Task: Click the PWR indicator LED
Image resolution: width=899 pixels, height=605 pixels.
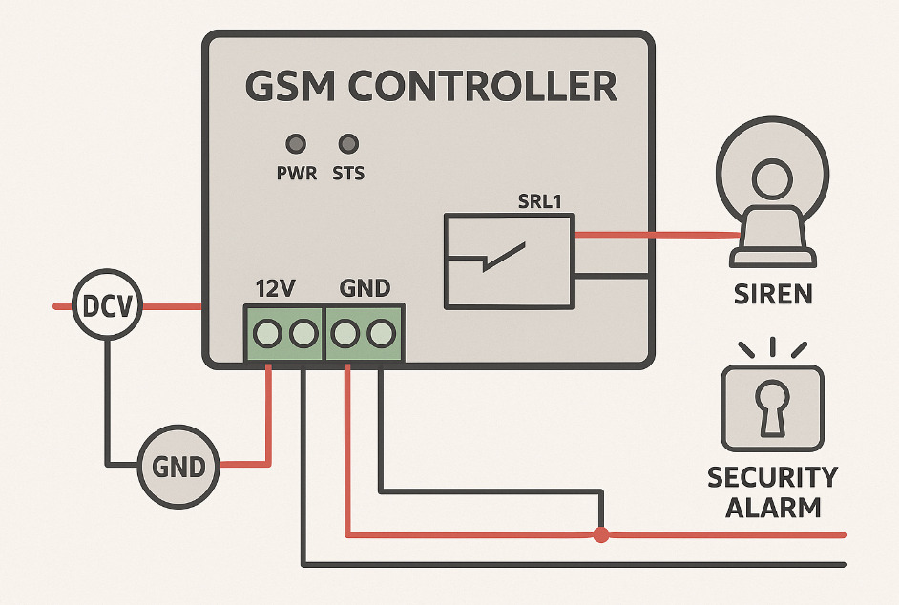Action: [x=296, y=144]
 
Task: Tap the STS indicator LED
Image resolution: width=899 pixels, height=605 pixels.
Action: [x=348, y=144]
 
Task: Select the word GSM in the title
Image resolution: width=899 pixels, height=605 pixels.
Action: [x=290, y=87]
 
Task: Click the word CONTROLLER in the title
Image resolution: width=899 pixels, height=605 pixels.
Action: [x=481, y=87]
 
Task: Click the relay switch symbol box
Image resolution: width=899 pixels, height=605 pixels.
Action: [x=509, y=260]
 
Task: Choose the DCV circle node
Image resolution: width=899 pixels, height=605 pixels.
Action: [x=107, y=306]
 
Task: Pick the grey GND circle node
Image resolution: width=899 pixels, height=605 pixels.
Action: [x=178, y=466]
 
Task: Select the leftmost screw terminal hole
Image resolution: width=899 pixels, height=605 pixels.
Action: [x=268, y=333]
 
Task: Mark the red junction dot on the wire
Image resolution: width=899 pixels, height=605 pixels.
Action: [x=600, y=534]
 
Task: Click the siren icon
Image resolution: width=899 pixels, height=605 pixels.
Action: [x=771, y=201]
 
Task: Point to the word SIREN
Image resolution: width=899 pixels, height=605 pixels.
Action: [x=773, y=294]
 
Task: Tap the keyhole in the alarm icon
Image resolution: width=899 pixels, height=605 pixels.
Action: [x=772, y=406]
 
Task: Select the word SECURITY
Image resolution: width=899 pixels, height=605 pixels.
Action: [x=773, y=477]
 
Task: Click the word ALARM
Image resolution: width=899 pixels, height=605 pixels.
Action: [x=773, y=507]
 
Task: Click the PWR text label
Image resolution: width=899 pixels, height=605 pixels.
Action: [x=296, y=175]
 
